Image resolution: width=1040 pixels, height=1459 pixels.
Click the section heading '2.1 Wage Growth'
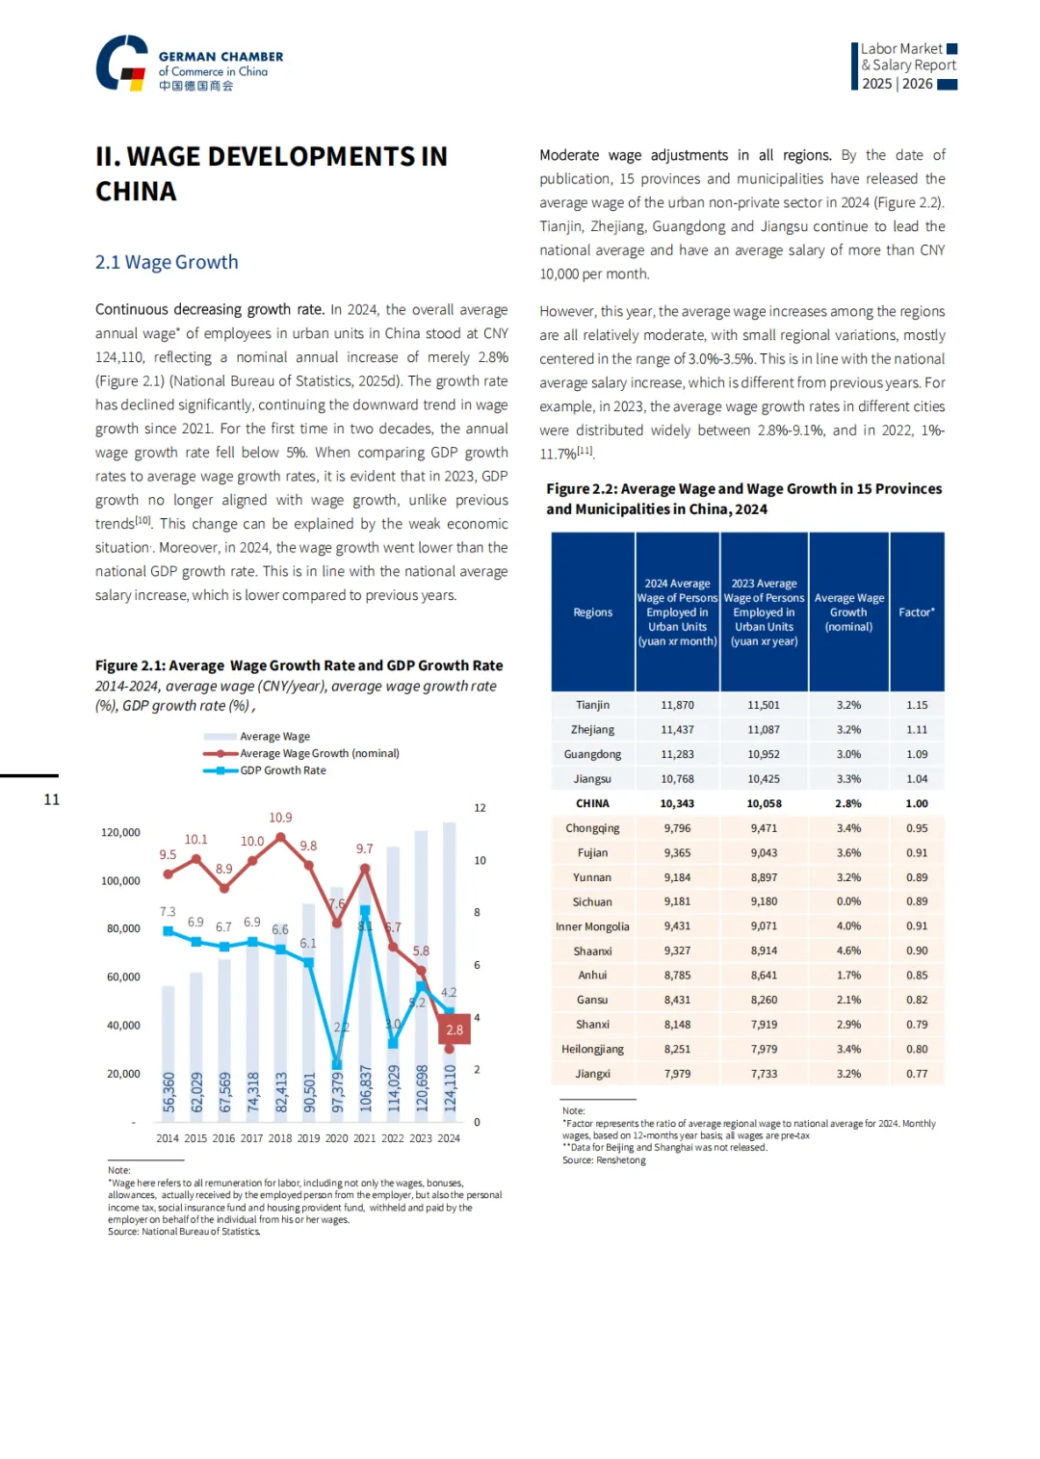[x=167, y=262]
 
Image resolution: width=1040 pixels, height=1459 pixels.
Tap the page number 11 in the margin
[x=52, y=799]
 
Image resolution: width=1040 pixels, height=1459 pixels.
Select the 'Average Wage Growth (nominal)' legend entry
[x=319, y=753]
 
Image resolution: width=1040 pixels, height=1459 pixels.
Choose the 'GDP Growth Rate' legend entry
[x=282, y=770]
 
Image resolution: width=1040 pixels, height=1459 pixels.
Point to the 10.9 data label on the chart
[x=280, y=818]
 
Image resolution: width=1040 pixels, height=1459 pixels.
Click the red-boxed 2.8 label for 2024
[x=455, y=1029]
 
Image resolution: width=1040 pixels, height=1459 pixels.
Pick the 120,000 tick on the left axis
[x=120, y=832]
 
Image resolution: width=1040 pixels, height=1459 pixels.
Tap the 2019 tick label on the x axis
[x=308, y=1138]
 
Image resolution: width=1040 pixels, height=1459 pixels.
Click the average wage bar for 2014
[x=169, y=1050]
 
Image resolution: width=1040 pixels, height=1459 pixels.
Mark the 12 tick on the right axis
[x=480, y=808]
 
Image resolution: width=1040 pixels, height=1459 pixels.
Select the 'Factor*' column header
[x=917, y=612]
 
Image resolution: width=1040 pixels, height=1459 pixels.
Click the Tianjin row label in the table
[x=592, y=705]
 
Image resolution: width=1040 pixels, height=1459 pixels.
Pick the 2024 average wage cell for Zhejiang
[x=677, y=730]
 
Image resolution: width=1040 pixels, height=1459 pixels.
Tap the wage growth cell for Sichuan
[x=848, y=902]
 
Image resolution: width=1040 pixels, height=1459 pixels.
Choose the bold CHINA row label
[x=592, y=803]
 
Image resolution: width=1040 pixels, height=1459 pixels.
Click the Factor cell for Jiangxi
[x=917, y=1074]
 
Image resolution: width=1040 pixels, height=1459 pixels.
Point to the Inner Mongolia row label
[x=592, y=926]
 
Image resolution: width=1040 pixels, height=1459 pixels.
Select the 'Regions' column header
[x=592, y=612]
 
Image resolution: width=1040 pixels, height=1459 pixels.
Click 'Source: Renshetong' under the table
[x=604, y=1160]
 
